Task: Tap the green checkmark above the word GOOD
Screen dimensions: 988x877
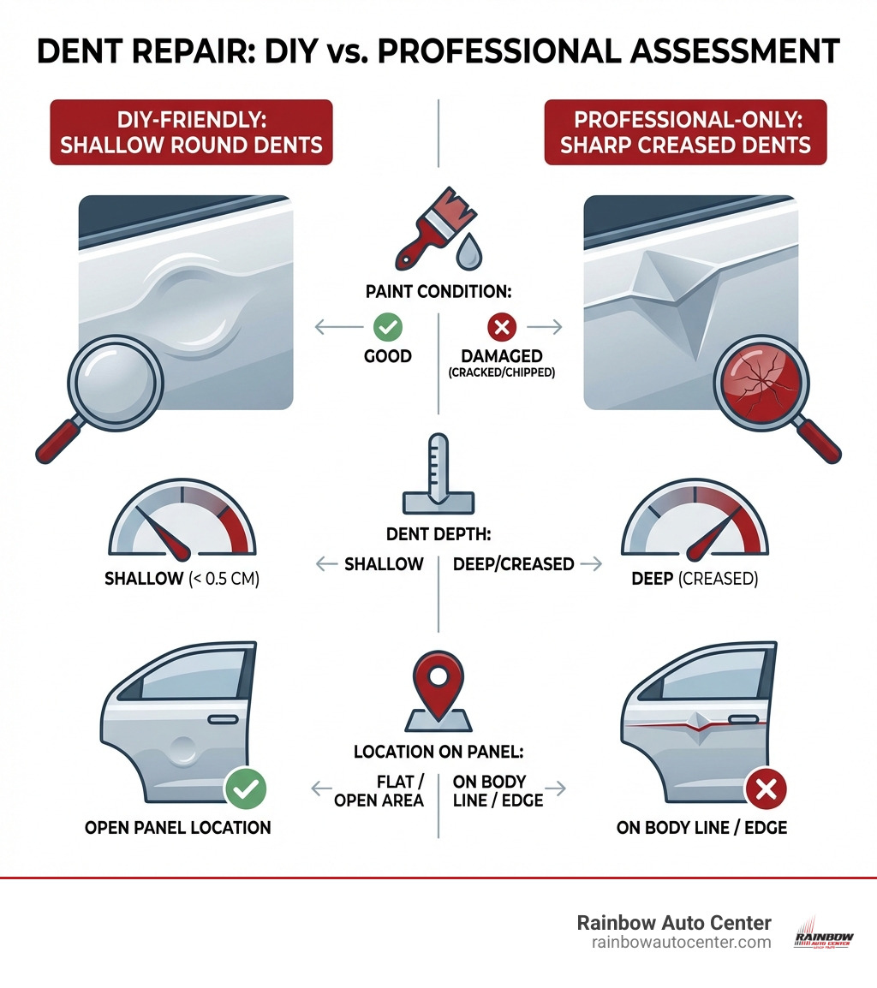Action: (x=388, y=327)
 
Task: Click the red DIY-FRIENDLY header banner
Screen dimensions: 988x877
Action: (x=191, y=131)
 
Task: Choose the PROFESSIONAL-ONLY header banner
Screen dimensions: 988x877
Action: (x=685, y=131)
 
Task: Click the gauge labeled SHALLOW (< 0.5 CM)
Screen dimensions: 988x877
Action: (x=182, y=522)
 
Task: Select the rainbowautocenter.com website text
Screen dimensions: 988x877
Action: (x=681, y=942)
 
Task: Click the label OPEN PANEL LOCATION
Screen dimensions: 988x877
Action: (x=178, y=827)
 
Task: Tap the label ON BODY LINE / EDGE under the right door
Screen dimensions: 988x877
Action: (x=702, y=828)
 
